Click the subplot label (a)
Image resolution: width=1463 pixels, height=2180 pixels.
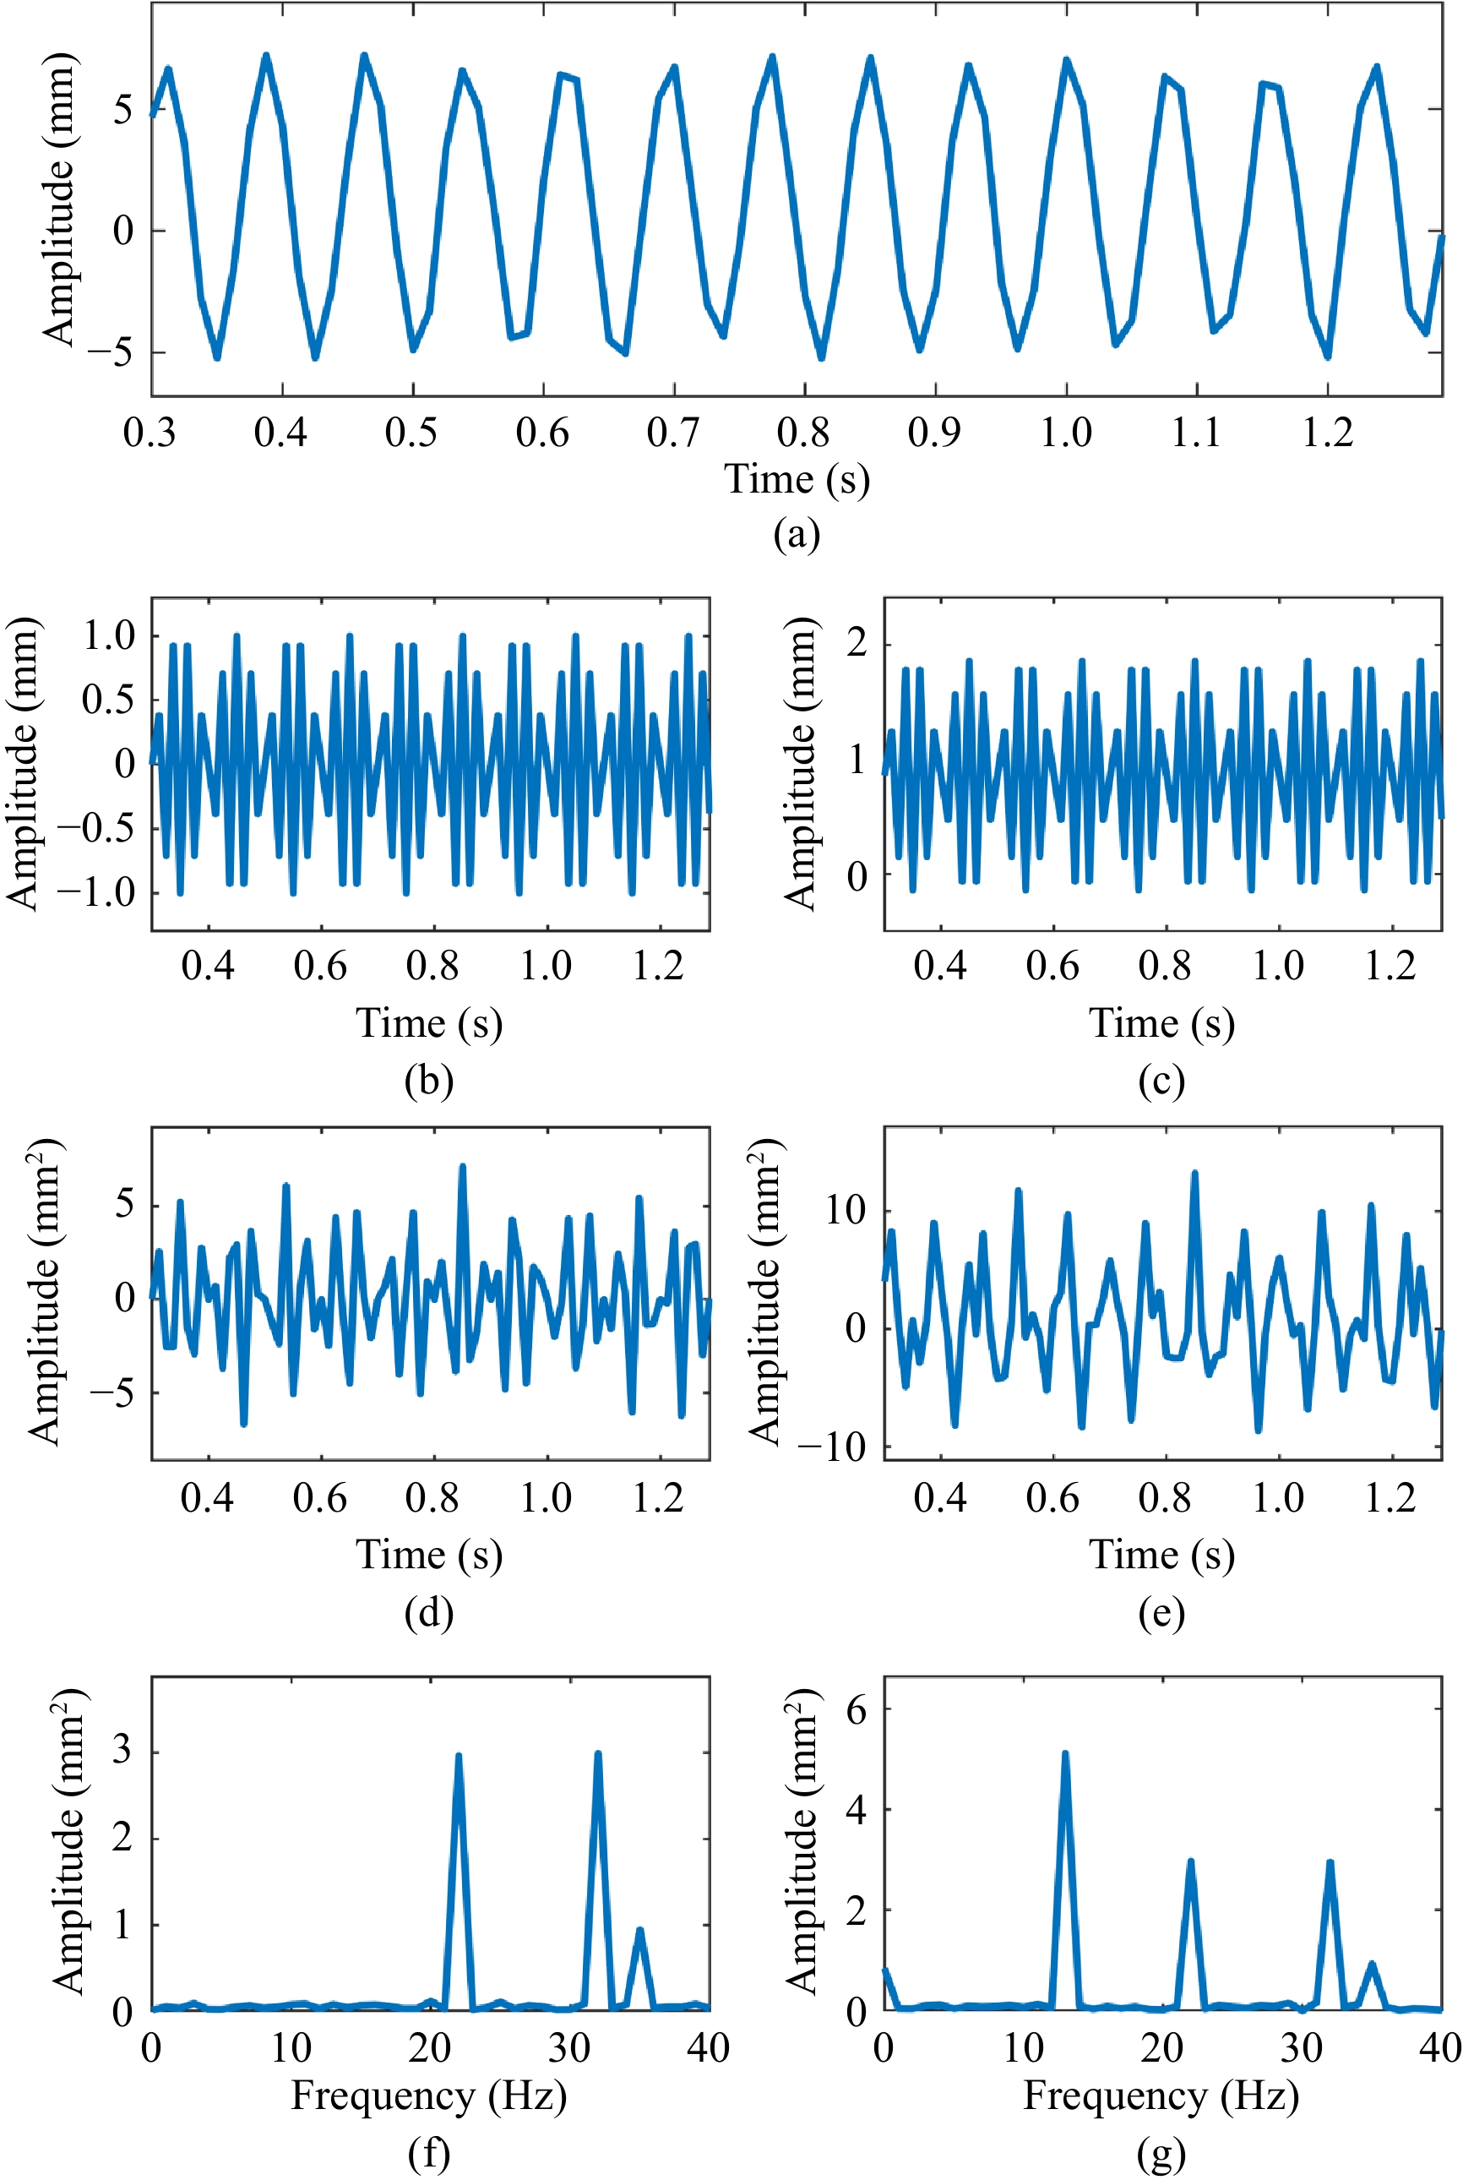coord(796,535)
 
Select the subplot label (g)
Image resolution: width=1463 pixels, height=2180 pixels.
coord(1161,2154)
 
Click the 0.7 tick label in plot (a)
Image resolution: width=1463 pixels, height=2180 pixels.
coord(672,432)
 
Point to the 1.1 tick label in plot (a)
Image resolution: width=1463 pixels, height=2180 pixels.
coord(1196,432)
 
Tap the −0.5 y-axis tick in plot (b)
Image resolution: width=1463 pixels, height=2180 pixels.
coord(97,828)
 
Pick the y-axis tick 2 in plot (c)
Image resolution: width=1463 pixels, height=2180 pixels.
coord(857,643)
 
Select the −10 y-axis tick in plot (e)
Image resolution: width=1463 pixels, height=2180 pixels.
coord(833,1447)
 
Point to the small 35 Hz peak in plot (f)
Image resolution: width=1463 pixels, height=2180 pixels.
coord(639,1930)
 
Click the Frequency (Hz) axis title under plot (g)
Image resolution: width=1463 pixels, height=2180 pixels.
coord(1161,2096)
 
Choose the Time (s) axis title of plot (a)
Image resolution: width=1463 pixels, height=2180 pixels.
coord(797,479)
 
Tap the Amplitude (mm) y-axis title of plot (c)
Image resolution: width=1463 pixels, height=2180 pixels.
coord(799,763)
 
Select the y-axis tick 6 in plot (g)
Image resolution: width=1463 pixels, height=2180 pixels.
coord(857,1709)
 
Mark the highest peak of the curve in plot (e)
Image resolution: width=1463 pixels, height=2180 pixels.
coord(1194,1174)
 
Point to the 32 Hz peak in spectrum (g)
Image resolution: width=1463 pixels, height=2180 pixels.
coord(1330,1865)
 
